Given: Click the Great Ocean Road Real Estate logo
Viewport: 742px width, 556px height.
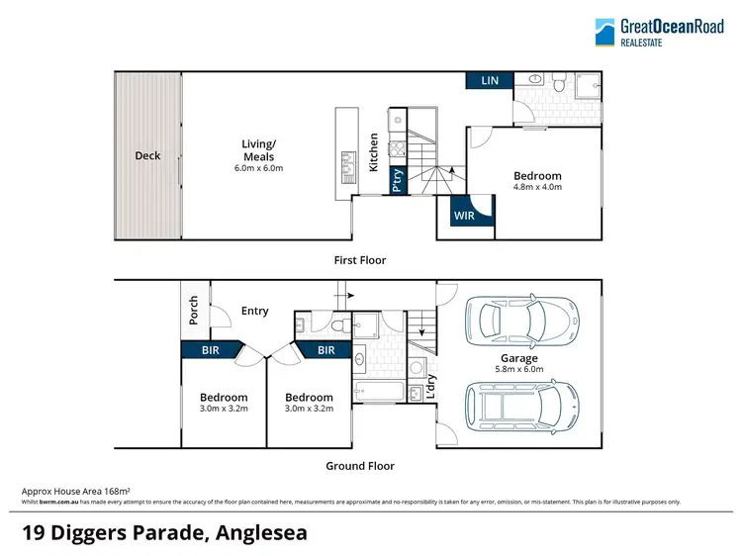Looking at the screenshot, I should click(x=657, y=33).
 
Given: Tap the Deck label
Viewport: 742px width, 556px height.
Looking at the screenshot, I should click(x=147, y=155).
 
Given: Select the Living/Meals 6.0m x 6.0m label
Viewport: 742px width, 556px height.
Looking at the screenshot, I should click(x=258, y=155).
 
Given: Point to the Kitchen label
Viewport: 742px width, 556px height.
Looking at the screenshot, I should click(x=374, y=153).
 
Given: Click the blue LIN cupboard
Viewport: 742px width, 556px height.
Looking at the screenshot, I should click(x=489, y=81).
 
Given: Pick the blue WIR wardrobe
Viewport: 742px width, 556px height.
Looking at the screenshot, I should click(x=465, y=216).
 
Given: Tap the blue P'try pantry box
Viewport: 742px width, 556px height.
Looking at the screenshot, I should click(x=397, y=182).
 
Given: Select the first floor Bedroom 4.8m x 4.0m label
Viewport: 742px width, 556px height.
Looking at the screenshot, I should click(x=537, y=181).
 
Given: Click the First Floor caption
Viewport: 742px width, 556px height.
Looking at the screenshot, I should click(x=360, y=260).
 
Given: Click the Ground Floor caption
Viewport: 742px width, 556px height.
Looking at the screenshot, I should click(x=360, y=466).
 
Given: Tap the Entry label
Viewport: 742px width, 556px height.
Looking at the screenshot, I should click(x=255, y=311).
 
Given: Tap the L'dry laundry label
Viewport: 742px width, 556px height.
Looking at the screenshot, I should click(x=429, y=387).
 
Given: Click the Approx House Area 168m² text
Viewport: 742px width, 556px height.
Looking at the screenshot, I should click(x=76, y=491).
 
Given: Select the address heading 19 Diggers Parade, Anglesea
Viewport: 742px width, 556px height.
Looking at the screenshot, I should click(x=164, y=532).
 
